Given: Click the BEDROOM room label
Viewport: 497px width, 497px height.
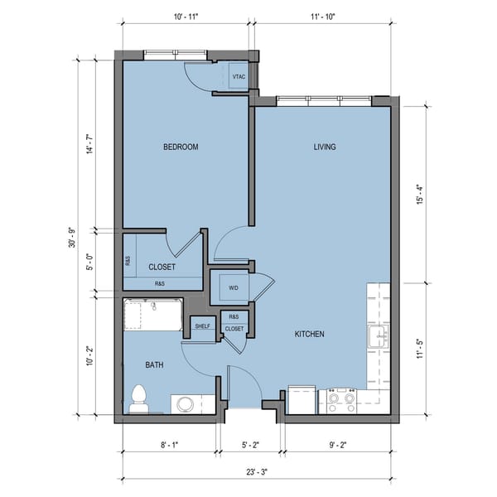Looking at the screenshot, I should tap(181, 147).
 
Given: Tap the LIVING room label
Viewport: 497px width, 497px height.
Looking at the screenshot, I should tap(325, 147).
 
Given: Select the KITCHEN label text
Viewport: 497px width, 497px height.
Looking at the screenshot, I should tap(310, 335).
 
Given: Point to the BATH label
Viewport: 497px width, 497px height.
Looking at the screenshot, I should tap(154, 364).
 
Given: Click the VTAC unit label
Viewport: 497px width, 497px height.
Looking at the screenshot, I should tap(239, 77).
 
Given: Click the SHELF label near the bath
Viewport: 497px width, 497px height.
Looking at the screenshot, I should tap(202, 326).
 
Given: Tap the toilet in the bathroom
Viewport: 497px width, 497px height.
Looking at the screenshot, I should tap(139, 398).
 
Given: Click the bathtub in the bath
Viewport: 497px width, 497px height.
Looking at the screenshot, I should tap(152, 316).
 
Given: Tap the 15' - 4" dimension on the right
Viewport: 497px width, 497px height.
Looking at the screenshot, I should tap(421, 194).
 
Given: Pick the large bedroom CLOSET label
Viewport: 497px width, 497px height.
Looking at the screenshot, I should tap(162, 268).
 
